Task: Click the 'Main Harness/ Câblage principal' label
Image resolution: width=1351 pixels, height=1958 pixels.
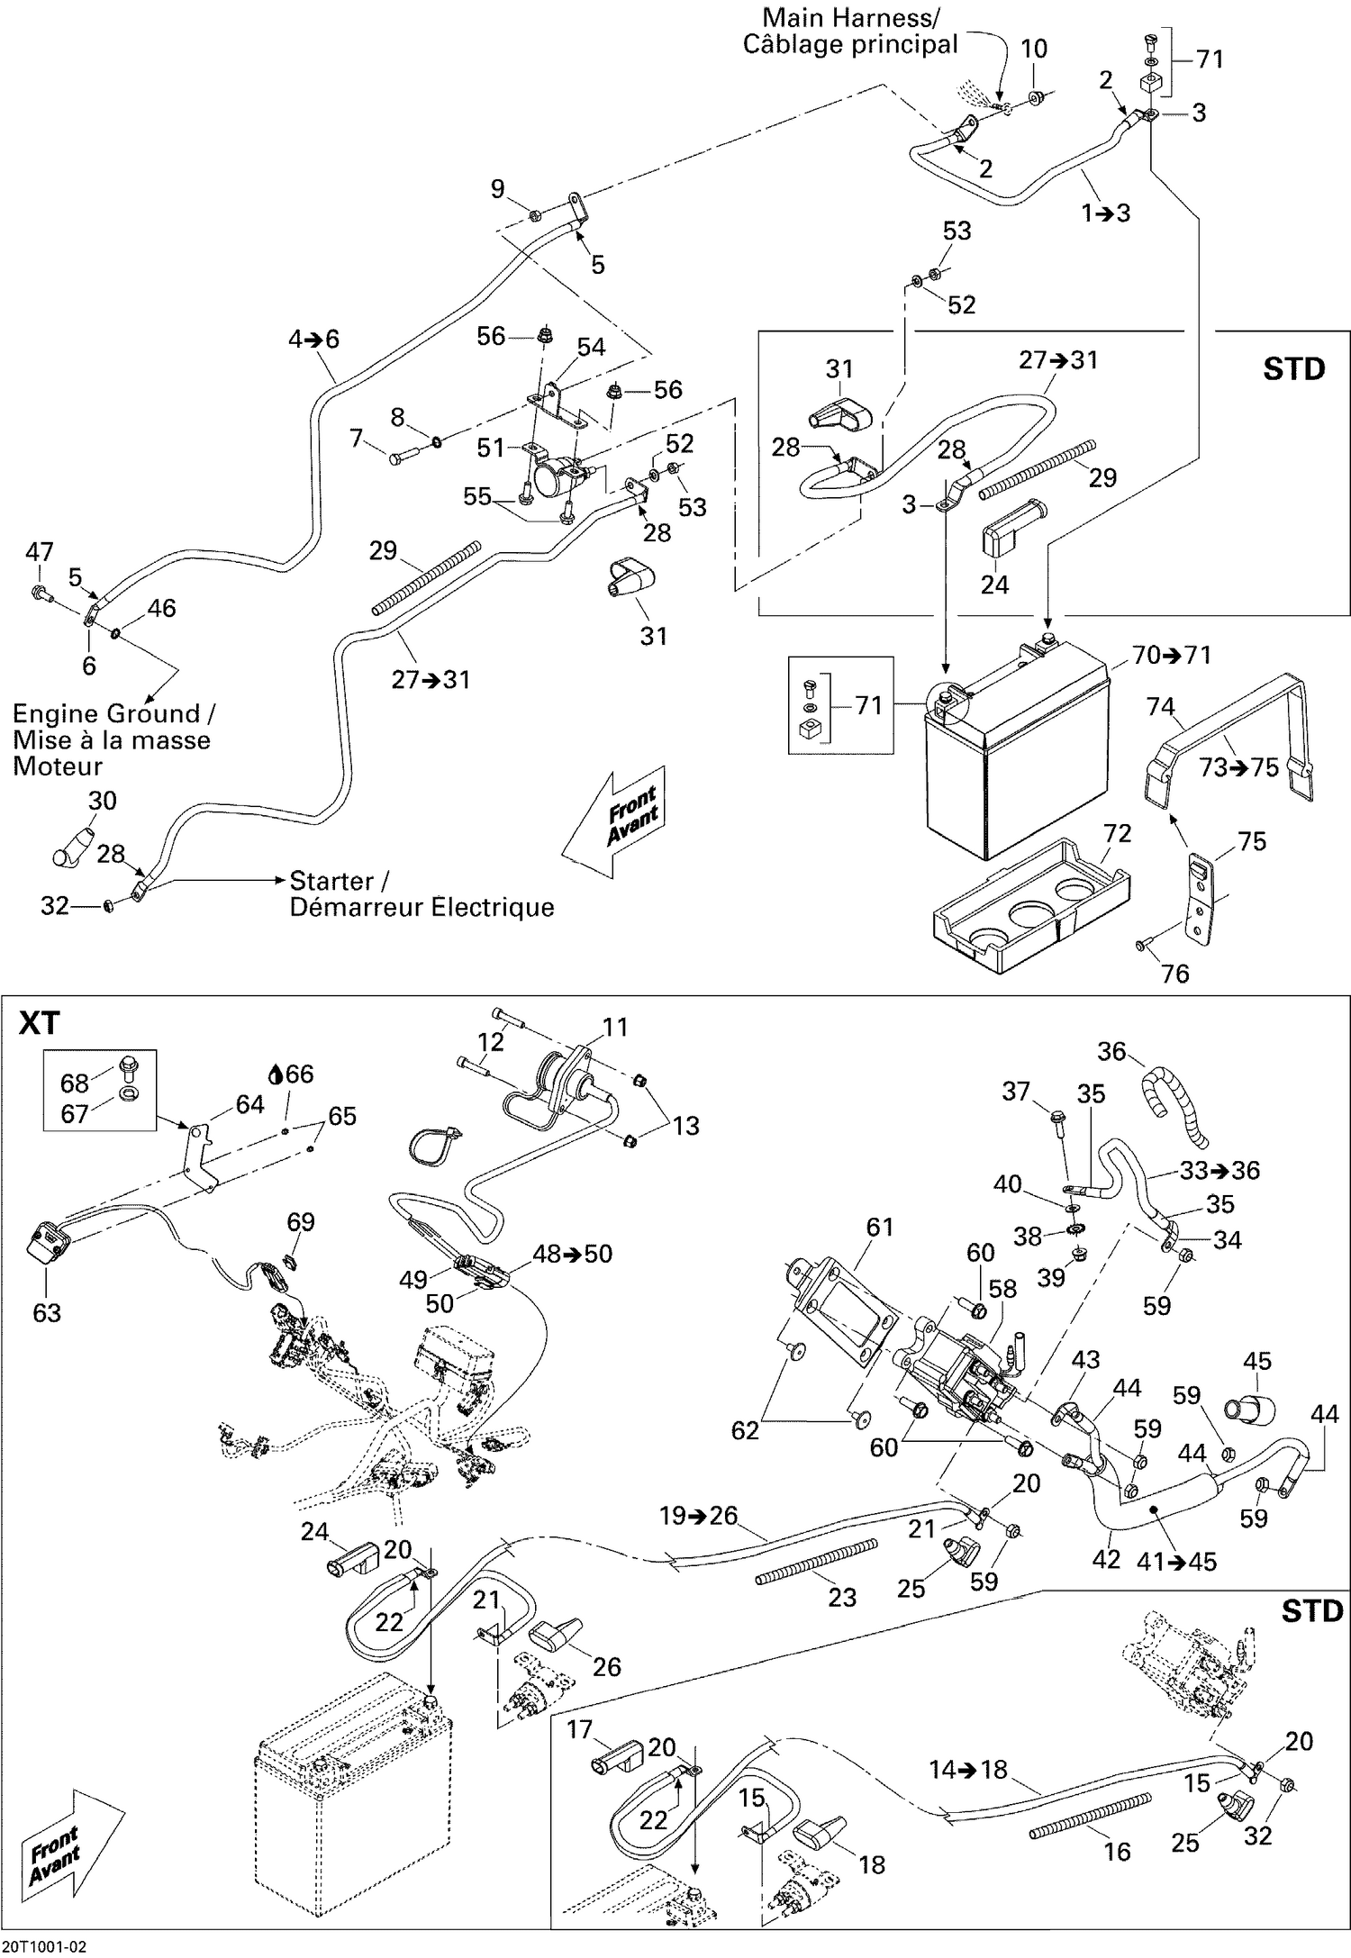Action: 849,31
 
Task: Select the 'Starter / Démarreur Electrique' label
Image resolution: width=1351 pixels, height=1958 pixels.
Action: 421,893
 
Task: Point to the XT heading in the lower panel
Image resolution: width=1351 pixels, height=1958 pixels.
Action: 40,1023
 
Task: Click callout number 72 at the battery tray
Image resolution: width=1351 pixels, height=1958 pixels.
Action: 1117,833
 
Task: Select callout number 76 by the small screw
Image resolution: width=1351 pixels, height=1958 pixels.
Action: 1175,973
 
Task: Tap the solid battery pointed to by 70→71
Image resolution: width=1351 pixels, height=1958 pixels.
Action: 1018,757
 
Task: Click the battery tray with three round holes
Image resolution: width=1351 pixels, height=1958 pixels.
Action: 1027,919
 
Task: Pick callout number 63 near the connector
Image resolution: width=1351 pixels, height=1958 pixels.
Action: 47,1312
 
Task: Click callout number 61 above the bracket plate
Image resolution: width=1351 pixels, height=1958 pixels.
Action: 879,1227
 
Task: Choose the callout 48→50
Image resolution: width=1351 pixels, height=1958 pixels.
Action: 573,1254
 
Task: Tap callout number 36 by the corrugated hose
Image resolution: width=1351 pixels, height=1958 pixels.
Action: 1112,1051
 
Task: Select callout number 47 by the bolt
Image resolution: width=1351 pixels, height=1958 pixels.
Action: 40,551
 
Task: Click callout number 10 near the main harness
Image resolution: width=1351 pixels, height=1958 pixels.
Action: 1034,49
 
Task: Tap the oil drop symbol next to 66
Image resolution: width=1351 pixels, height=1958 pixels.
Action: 276,1074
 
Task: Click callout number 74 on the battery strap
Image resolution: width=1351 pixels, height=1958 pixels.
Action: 1160,706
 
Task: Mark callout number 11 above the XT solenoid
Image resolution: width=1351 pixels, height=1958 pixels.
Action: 615,1027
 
